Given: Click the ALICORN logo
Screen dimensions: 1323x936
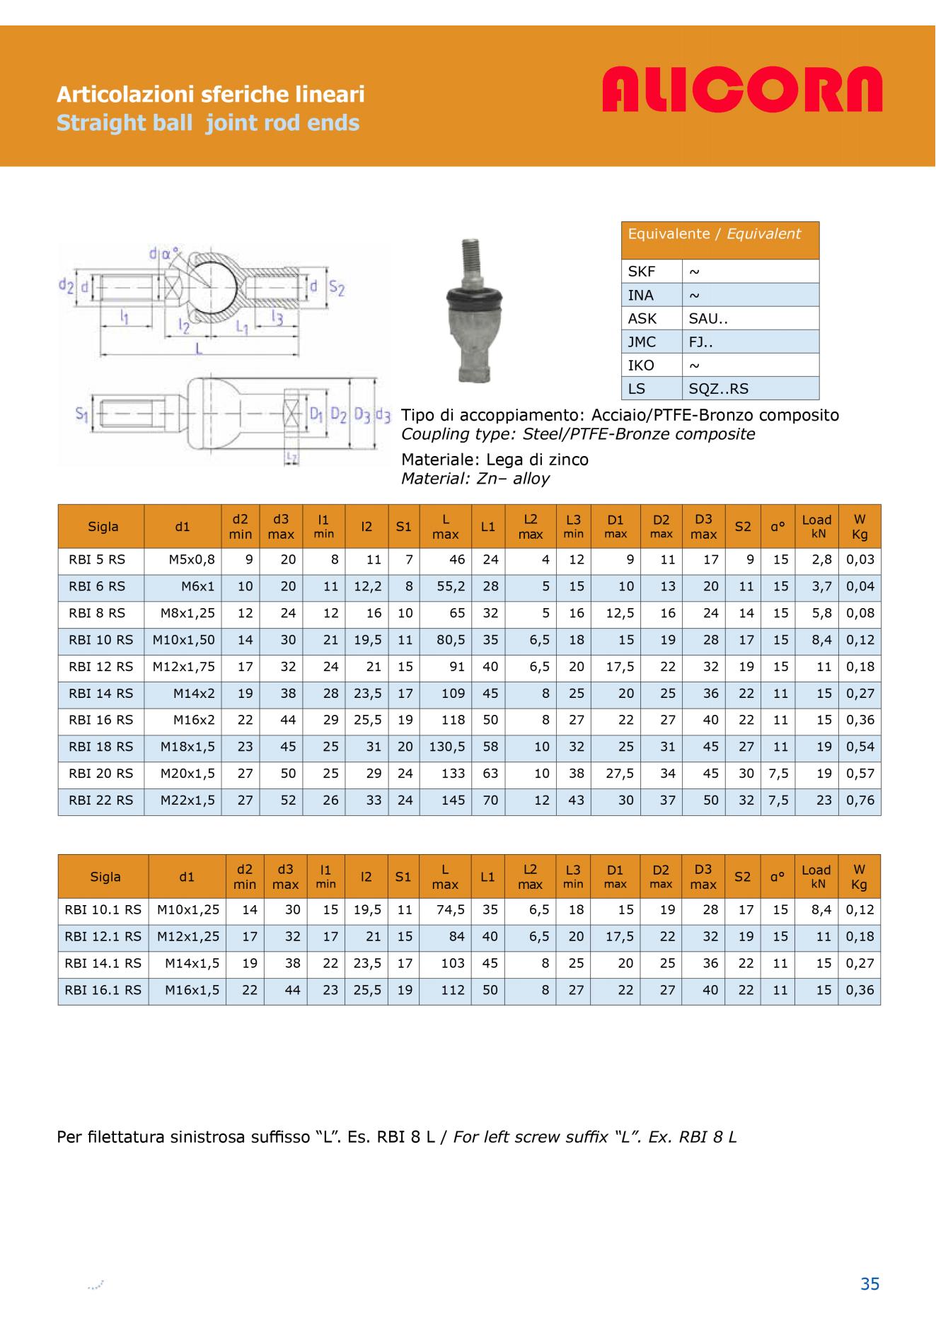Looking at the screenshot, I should (x=742, y=90).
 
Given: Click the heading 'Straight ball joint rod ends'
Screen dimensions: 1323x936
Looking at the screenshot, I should (x=208, y=123).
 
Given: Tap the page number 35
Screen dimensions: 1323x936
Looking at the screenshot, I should (x=869, y=1283).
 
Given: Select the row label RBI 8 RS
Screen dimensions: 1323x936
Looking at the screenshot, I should (x=97, y=613).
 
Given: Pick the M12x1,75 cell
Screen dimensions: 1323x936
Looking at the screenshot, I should (x=184, y=667).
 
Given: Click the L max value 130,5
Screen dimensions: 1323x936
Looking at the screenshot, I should (x=446, y=747).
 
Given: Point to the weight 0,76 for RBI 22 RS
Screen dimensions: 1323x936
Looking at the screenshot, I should (x=860, y=800).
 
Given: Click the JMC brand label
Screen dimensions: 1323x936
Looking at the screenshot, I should (x=642, y=342).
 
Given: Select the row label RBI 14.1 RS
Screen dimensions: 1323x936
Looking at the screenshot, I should (x=103, y=963).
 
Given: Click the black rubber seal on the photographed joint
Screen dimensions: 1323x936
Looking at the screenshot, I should (x=473, y=296).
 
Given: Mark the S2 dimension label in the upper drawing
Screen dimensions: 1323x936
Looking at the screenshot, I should (x=336, y=288).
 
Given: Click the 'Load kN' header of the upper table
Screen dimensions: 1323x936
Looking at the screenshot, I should (x=816, y=526).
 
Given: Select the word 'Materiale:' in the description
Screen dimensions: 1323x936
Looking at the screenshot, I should (x=441, y=460).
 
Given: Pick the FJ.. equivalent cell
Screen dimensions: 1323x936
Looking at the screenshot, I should (x=700, y=342).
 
